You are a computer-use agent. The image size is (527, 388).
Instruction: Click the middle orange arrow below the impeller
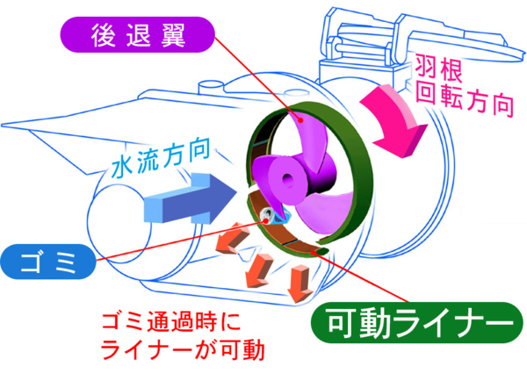pyautogui.click(x=260, y=268)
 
